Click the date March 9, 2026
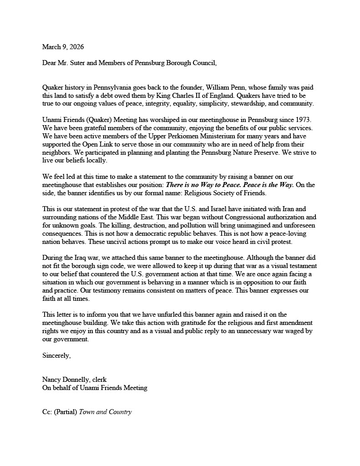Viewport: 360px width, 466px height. (63, 47)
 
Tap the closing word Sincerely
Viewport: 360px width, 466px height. (56, 355)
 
